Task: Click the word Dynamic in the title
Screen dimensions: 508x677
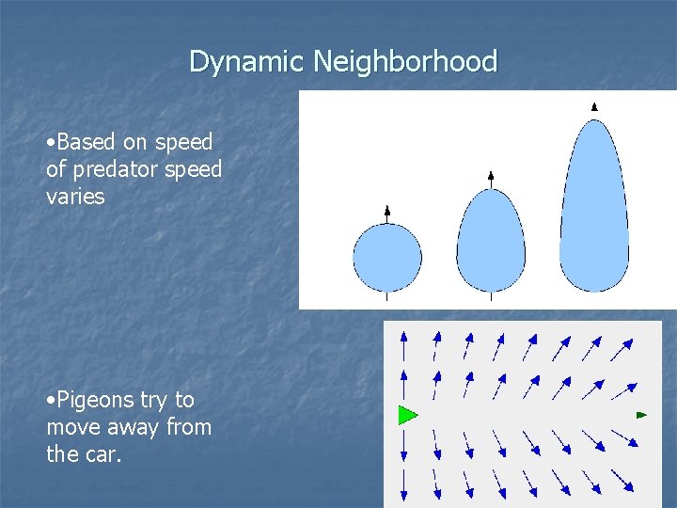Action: coord(247,62)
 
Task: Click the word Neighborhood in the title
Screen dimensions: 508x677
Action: coord(405,62)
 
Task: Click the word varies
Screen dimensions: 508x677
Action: coord(75,197)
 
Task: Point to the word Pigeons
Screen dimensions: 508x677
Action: coord(95,400)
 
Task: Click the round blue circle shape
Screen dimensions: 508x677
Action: coord(387,257)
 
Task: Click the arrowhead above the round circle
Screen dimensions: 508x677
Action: coord(387,210)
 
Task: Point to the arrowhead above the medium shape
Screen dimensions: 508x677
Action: coord(491,176)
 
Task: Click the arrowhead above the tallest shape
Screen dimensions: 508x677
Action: coord(594,107)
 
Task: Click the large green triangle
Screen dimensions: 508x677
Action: coord(407,414)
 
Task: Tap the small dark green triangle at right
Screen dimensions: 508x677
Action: coord(641,414)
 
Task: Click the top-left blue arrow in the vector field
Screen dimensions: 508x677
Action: coord(403,343)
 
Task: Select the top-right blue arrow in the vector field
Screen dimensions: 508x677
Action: coord(622,349)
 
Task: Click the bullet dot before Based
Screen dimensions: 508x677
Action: coord(50,143)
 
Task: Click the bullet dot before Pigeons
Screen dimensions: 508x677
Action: coord(50,401)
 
